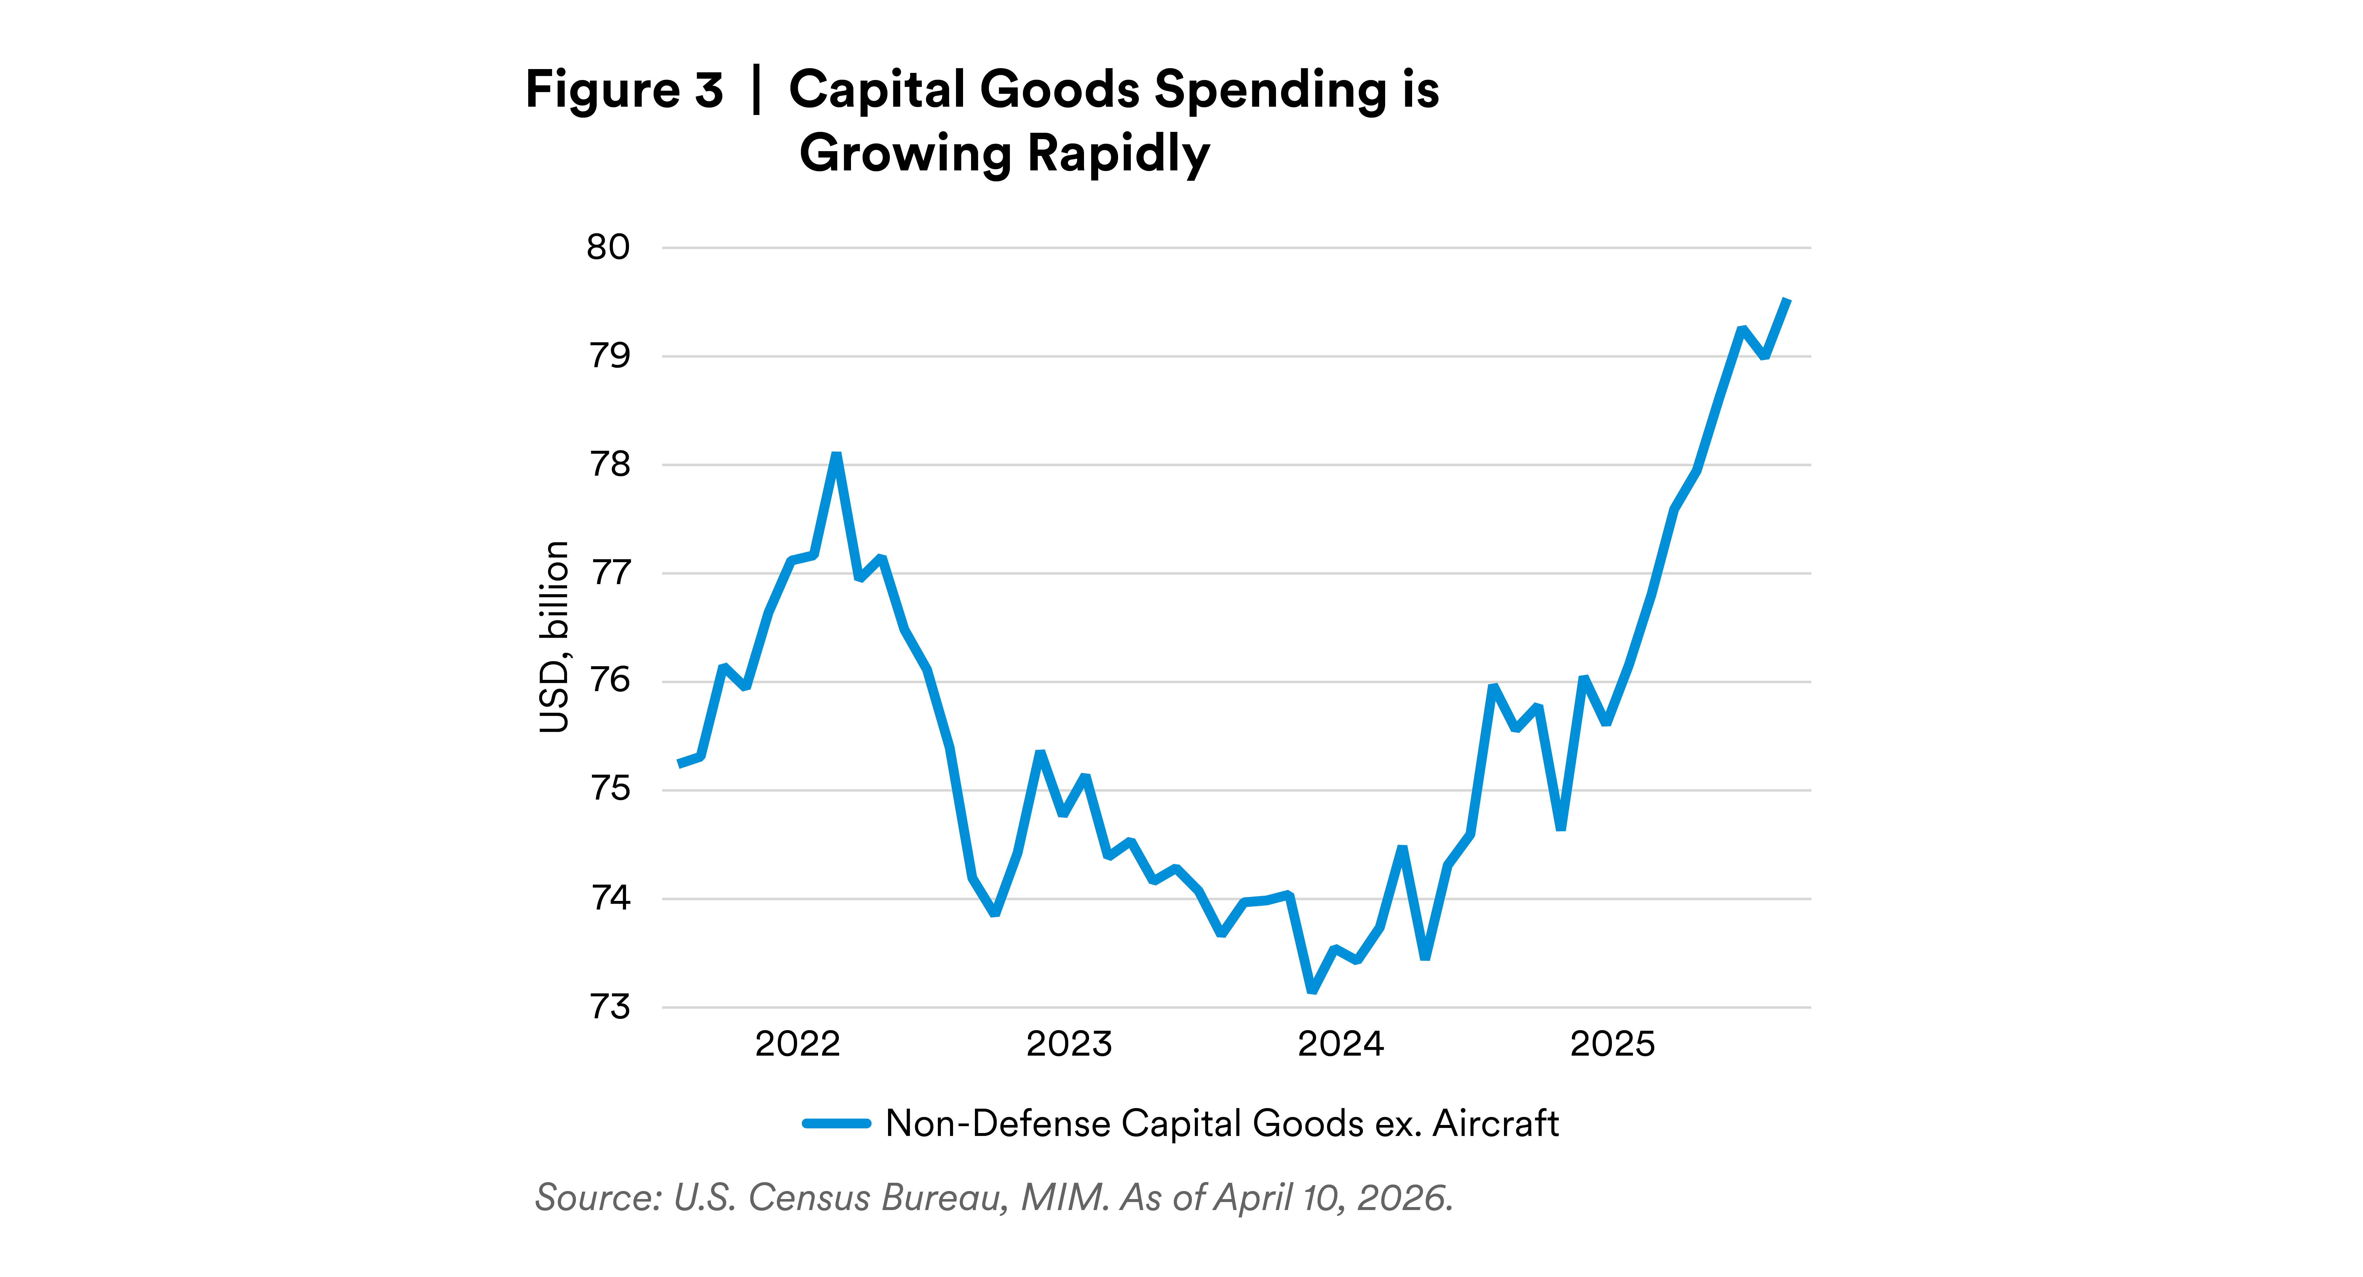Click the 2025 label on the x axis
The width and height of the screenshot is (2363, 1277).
click(x=1612, y=1044)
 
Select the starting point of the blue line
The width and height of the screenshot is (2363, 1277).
click(x=680, y=763)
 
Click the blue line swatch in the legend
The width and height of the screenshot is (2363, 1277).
click(x=836, y=1123)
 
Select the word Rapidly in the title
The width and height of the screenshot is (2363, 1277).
click(x=1118, y=154)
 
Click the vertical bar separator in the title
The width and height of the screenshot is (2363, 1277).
click(x=756, y=90)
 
